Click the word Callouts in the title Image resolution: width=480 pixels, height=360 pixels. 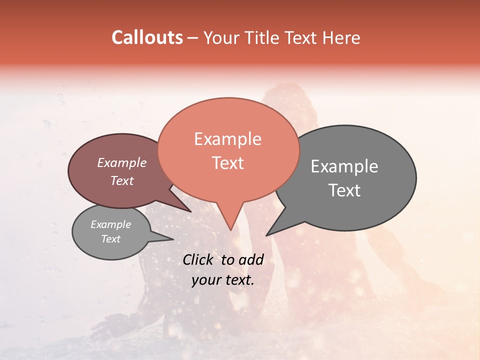click(147, 37)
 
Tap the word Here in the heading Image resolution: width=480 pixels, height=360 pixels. click(341, 37)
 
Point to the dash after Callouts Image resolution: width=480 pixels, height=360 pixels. click(193, 38)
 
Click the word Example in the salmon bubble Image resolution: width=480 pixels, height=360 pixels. click(227, 139)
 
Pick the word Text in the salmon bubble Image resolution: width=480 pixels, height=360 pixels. click(227, 163)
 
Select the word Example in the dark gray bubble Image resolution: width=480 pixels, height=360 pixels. click(344, 166)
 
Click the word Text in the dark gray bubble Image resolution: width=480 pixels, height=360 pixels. click(344, 190)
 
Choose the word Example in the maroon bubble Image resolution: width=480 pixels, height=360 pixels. click(121, 162)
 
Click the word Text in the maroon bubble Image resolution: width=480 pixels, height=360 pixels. click(121, 180)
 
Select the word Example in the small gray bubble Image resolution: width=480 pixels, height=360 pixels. click(110, 224)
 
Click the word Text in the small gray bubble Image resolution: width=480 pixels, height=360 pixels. click(110, 239)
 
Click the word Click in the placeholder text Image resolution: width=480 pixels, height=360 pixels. click(199, 259)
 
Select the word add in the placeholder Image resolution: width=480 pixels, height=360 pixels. click(251, 259)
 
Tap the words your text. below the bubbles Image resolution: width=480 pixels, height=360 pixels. click(222, 280)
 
